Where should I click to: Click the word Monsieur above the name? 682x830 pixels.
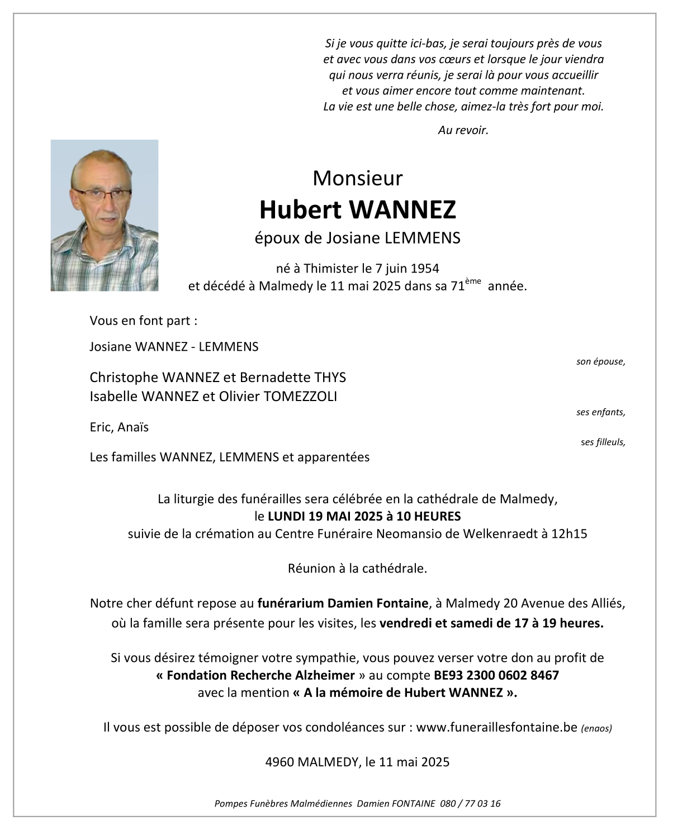[x=357, y=178]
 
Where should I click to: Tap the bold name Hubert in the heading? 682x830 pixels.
[x=300, y=210]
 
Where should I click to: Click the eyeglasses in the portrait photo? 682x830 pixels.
[x=101, y=194]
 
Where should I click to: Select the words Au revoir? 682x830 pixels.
[x=463, y=131]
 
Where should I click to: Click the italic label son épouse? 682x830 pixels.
[x=600, y=362]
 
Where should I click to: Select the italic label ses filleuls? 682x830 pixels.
[x=603, y=442]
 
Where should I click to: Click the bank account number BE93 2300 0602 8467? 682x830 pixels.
[x=496, y=675]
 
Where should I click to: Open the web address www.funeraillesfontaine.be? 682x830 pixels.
[x=496, y=727]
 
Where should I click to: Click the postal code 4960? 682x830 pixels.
[x=280, y=762]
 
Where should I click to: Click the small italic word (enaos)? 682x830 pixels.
[x=596, y=728]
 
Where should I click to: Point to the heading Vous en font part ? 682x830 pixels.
[x=144, y=321]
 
